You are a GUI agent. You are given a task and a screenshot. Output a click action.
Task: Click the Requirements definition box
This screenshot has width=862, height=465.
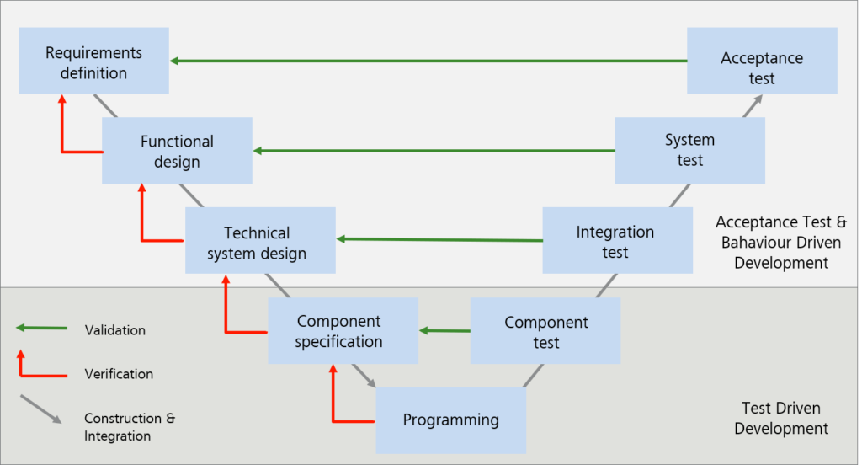(x=93, y=61)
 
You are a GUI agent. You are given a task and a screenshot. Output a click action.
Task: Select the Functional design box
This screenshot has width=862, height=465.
(x=177, y=151)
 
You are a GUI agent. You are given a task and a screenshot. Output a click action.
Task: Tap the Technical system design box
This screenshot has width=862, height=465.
(x=259, y=241)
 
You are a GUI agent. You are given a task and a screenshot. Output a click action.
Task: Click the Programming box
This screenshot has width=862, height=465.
(x=450, y=420)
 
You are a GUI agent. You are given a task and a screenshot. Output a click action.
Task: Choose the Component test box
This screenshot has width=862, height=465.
(x=545, y=331)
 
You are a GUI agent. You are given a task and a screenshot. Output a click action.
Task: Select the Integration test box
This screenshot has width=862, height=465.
(x=617, y=241)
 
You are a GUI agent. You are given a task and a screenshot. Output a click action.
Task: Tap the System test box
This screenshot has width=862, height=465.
(x=689, y=150)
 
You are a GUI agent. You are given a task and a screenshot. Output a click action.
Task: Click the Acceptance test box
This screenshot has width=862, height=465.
(x=762, y=61)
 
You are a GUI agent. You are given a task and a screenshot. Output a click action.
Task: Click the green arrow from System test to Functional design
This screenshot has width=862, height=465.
(x=434, y=151)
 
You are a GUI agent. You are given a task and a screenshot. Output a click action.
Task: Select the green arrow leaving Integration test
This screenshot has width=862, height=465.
(x=439, y=240)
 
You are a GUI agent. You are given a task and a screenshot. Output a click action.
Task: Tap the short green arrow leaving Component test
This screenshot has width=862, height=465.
(x=444, y=330)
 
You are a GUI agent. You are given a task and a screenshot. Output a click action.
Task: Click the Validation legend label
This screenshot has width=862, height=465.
(x=115, y=330)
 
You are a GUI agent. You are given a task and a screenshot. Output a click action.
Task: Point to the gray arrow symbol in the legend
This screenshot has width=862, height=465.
(x=40, y=409)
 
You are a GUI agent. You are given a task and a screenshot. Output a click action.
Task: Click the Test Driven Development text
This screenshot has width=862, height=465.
(x=780, y=419)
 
